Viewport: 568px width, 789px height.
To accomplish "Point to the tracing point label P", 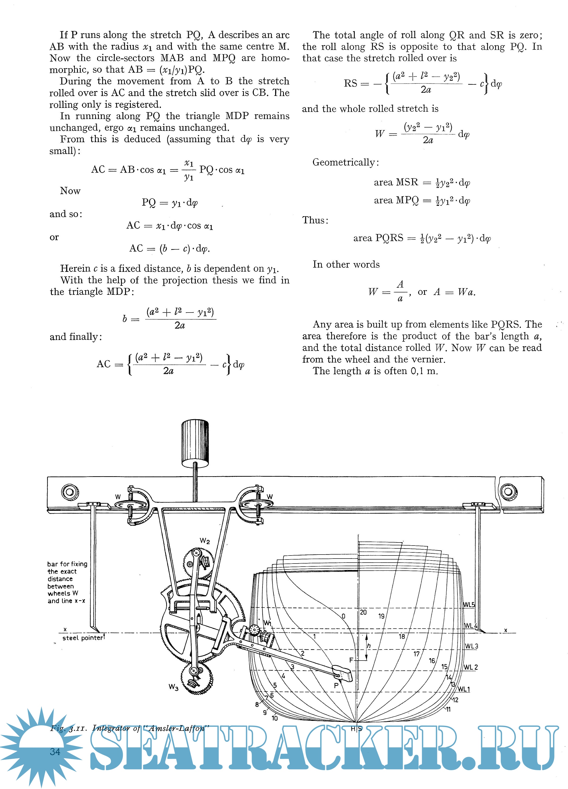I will pos(336,685).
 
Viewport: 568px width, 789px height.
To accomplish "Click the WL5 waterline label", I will pos(469,605).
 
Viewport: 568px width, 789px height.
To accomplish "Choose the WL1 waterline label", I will pos(464,689).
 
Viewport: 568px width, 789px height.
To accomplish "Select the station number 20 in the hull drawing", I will pos(363,612).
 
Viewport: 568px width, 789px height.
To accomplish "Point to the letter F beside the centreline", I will pos(351,660).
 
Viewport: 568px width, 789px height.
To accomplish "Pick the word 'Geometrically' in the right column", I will pos(343,163).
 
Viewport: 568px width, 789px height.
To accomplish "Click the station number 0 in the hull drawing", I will pos(343,616).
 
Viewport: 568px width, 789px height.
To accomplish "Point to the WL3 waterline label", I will pos(471,646).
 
